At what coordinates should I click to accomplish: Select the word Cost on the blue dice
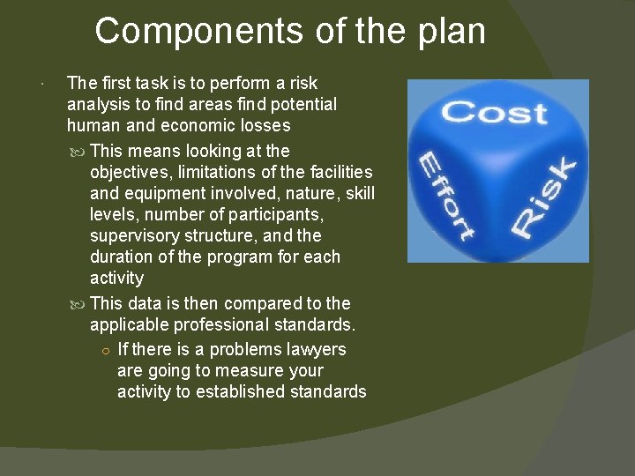click(x=495, y=113)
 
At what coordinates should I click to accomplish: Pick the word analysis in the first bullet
click(x=98, y=105)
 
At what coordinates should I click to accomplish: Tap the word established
click(x=258, y=391)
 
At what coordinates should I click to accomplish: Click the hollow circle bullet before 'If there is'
click(x=105, y=350)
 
